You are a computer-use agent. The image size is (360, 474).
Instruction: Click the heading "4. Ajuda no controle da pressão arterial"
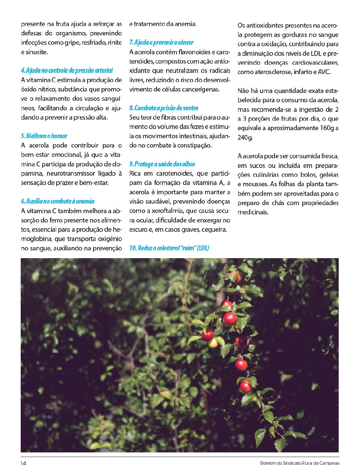(x=67, y=70)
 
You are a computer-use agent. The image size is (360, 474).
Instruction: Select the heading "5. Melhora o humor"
(x=44, y=136)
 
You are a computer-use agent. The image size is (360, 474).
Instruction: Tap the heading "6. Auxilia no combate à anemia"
(x=58, y=201)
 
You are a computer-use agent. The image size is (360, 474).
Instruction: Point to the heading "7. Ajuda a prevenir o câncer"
(x=161, y=43)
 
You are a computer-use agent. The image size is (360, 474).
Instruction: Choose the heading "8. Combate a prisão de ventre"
(x=164, y=108)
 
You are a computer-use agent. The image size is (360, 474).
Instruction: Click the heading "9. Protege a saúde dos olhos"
(x=162, y=164)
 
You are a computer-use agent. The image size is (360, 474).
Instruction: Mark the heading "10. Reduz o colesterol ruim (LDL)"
(x=169, y=248)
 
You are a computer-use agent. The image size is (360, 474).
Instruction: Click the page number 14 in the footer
(x=23, y=463)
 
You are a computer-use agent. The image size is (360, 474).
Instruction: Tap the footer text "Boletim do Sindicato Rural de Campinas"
(x=300, y=463)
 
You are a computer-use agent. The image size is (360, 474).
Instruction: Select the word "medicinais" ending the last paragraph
(x=253, y=212)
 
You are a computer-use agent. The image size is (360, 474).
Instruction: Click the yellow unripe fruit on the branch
(x=213, y=343)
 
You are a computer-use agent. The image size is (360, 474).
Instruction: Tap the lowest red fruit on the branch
(x=246, y=386)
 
